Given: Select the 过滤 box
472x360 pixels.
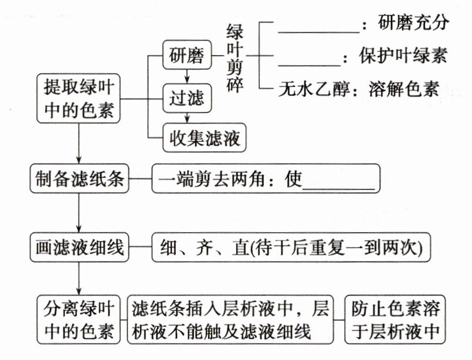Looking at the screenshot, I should click(x=187, y=98).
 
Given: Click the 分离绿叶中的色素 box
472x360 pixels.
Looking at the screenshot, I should click(x=79, y=320).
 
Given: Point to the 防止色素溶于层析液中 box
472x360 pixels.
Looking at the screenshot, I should click(x=395, y=320).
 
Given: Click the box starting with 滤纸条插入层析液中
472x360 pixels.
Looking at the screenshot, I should click(x=229, y=320).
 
